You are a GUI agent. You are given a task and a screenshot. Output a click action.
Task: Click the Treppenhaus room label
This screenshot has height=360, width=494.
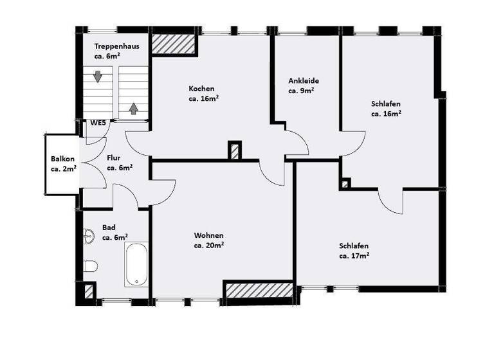tap(116, 46)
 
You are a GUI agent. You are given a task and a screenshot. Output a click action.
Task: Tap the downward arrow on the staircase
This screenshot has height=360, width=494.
tap(97, 77)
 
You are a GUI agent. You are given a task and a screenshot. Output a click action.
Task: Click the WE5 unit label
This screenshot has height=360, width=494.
tap(98, 123)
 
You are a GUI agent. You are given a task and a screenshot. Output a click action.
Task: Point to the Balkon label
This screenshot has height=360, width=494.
tap(63, 159)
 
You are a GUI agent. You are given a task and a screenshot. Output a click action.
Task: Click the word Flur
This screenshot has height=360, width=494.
tap(114, 157)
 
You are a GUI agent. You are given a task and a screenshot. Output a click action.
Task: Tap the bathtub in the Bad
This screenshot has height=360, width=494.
tap(136, 264)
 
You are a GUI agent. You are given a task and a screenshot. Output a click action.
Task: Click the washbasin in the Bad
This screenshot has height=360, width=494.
tap(88, 237)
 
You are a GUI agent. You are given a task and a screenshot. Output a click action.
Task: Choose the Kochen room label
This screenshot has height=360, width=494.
tap(201, 89)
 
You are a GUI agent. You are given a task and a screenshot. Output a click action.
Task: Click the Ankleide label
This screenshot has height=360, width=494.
tap(304, 81)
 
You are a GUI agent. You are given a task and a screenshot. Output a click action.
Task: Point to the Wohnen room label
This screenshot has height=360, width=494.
tap(209, 235)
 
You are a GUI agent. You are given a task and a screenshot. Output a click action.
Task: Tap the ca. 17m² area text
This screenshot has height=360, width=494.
tap(354, 256)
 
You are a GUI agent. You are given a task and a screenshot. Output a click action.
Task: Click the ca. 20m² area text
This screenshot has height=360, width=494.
tap(209, 245)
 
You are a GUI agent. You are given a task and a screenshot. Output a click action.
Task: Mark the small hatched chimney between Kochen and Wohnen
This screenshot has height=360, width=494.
tap(235, 150)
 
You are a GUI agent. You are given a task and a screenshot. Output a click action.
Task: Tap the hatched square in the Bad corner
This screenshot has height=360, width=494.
tap(88, 291)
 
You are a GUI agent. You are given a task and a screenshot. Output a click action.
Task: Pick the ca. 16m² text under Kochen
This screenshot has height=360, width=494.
tap(204, 99)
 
